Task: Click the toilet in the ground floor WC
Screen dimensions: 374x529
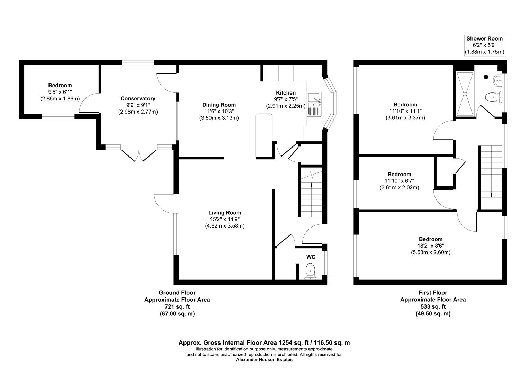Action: (x=310, y=270)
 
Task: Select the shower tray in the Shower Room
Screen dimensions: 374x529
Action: (x=465, y=93)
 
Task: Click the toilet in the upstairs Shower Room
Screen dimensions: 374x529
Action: (x=493, y=97)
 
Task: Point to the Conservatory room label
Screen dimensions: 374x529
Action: (x=138, y=99)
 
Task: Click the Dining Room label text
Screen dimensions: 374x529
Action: (x=219, y=105)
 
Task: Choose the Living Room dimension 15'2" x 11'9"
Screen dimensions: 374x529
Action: (x=225, y=219)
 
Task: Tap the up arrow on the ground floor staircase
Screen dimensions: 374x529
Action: (x=311, y=186)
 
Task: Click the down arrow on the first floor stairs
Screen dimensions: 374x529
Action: (x=491, y=195)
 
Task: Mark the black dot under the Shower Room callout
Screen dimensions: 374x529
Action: (x=486, y=77)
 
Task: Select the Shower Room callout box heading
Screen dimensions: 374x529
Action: (x=484, y=38)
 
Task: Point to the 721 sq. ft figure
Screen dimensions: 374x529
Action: (x=177, y=307)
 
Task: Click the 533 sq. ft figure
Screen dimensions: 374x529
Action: (x=433, y=307)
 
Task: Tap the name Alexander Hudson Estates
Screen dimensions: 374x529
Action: (x=264, y=360)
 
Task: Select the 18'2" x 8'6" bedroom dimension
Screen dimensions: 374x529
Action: (x=431, y=246)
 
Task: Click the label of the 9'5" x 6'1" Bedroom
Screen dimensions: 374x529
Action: (x=60, y=86)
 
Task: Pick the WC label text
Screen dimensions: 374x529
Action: (x=311, y=257)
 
